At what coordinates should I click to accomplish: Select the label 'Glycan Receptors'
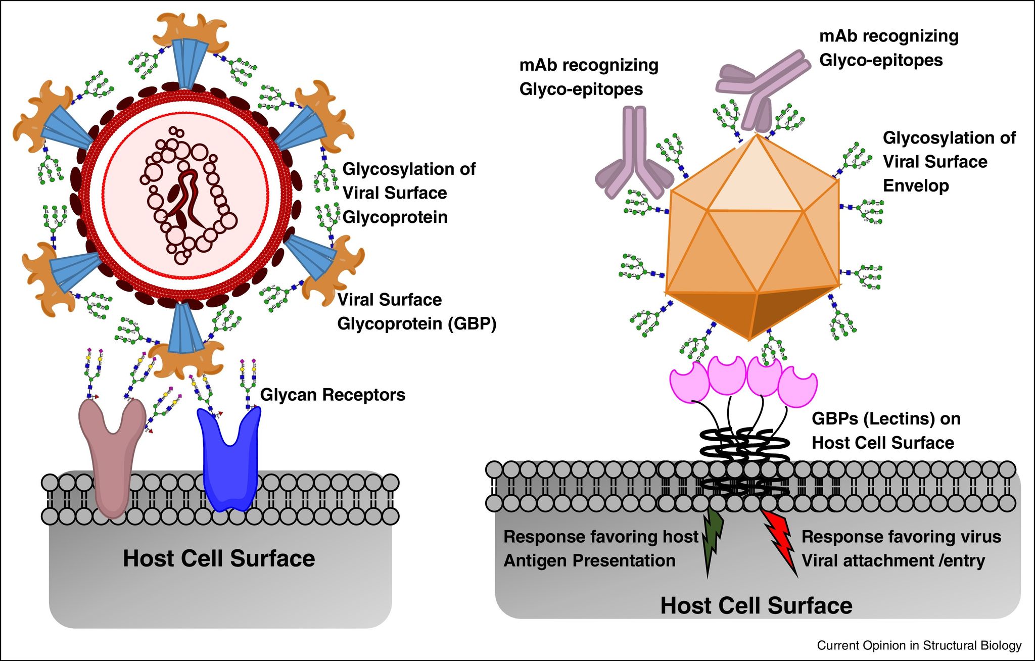tap(333, 395)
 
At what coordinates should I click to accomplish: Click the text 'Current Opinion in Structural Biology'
tap(919, 645)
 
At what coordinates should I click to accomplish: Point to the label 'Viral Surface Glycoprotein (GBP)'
tap(416, 311)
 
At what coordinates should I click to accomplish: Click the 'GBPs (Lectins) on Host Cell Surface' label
tap(885, 431)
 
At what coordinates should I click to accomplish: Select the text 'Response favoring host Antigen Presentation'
tap(600, 548)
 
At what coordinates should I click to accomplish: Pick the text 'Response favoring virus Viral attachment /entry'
tap(901, 548)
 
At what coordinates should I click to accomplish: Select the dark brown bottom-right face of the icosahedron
tap(788, 308)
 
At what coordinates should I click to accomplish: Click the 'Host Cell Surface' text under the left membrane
tap(219, 558)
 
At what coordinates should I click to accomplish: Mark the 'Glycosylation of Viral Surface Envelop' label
tap(949, 162)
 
